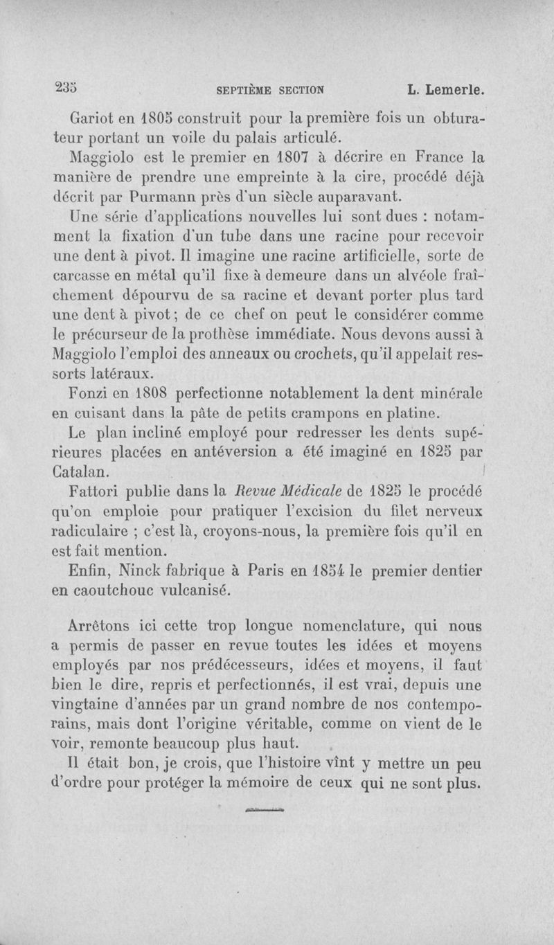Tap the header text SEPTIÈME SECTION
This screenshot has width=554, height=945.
[x=271, y=89]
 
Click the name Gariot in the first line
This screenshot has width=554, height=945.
[x=94, y=117]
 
